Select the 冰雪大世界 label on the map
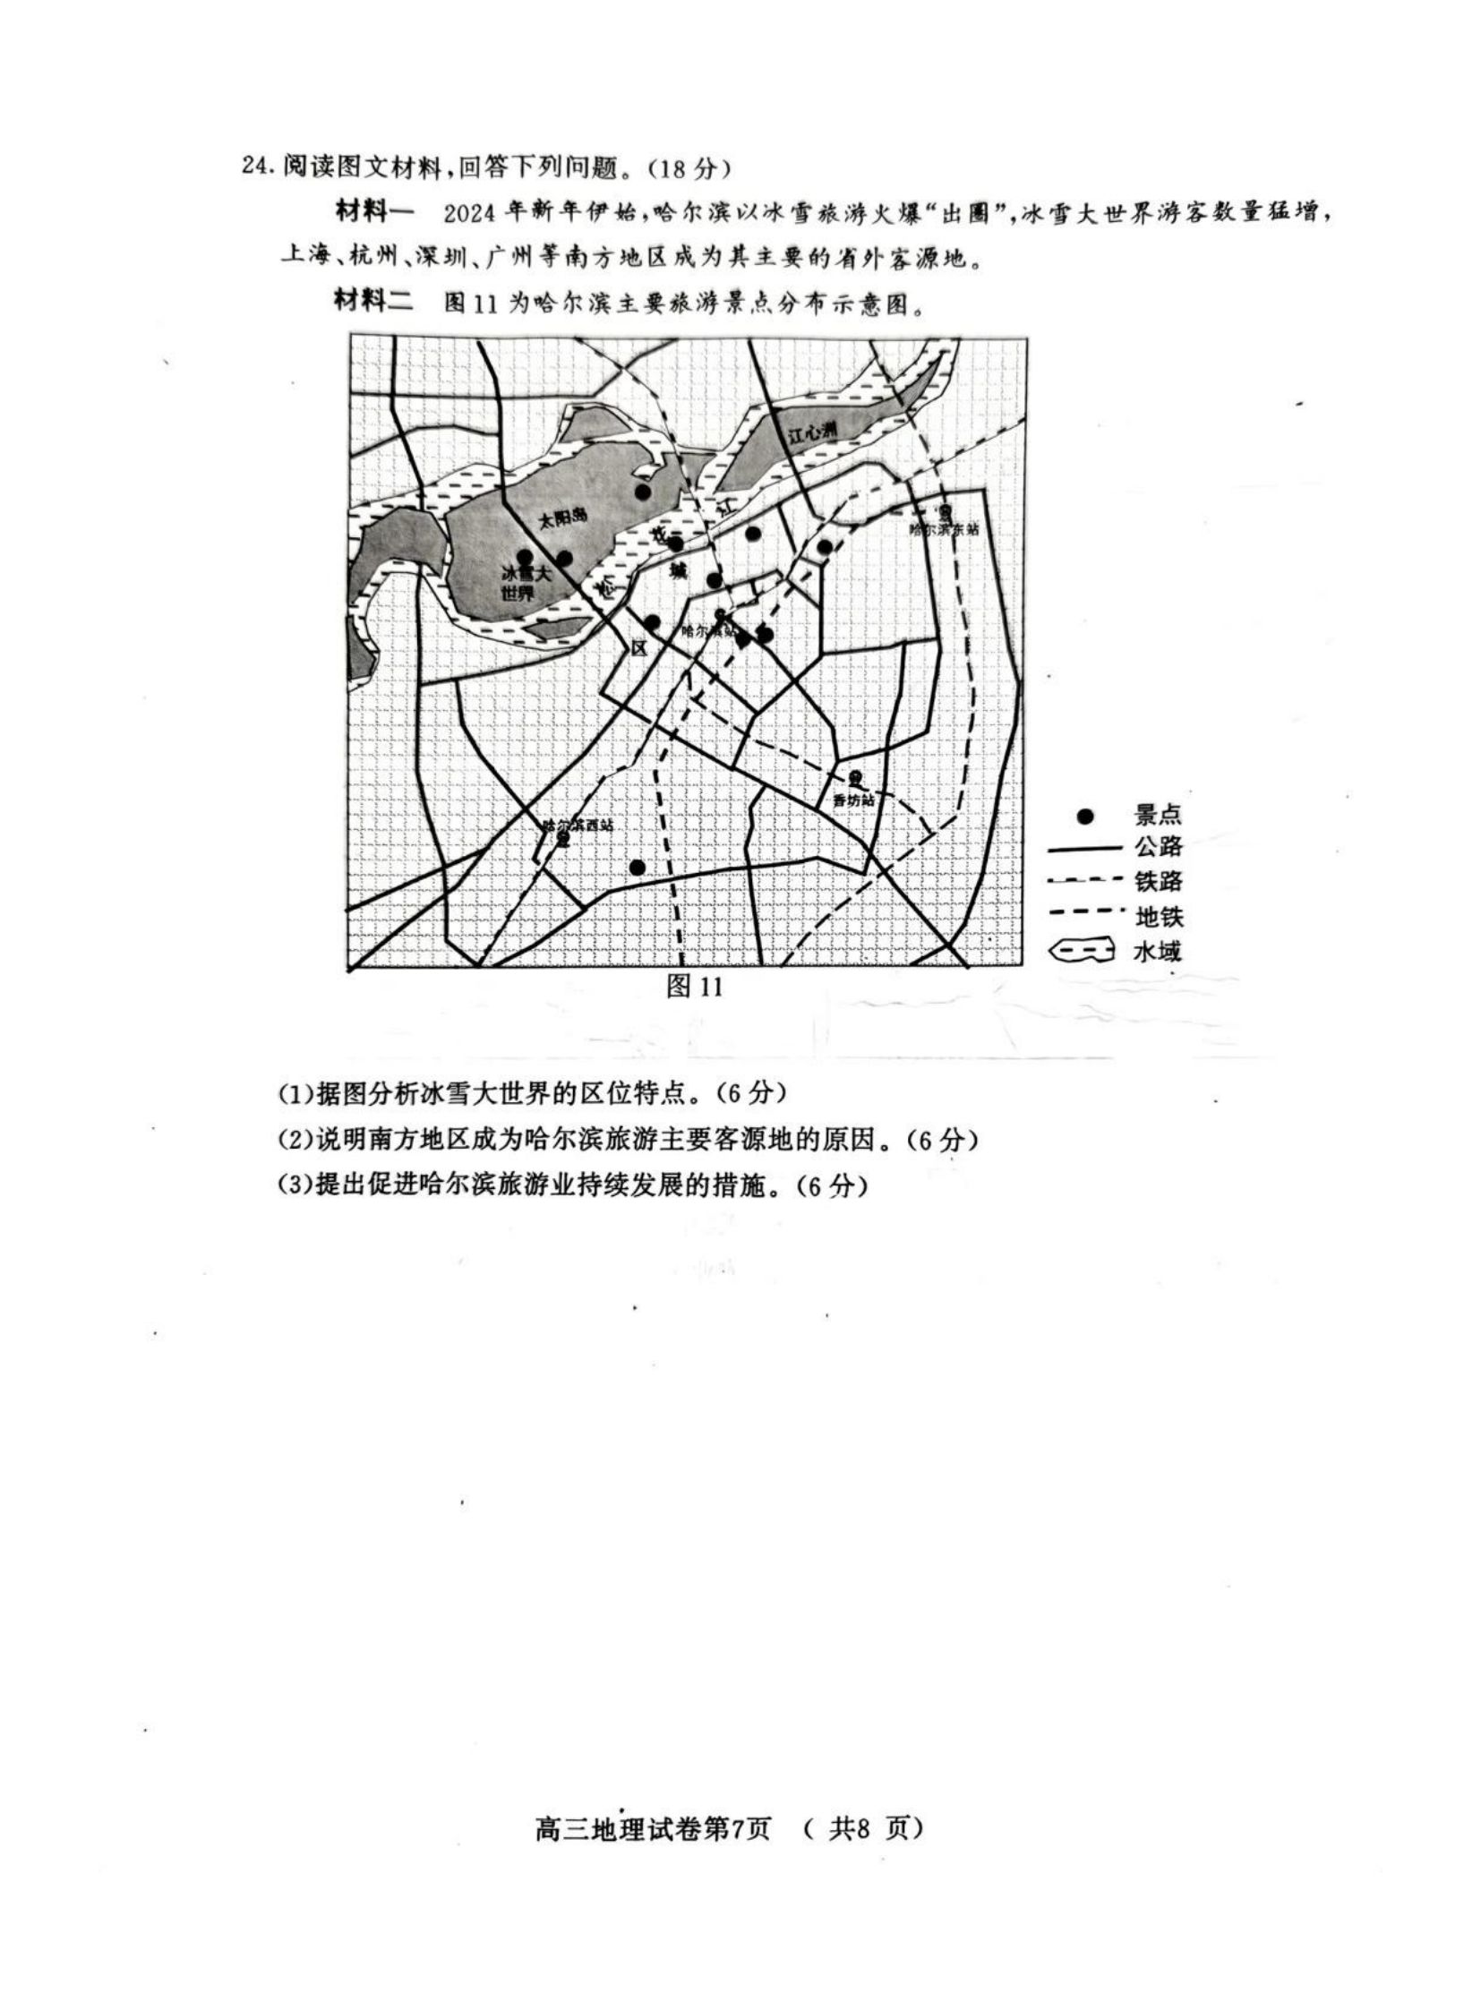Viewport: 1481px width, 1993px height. [x=526, y=583]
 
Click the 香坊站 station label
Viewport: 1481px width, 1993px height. [x=852, y=800]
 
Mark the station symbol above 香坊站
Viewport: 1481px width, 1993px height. [x=855, y=777]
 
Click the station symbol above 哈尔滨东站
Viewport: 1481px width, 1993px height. [x=945, y=512]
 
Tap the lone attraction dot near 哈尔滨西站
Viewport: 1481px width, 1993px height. [x=638, y=867]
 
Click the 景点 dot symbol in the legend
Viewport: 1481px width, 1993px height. [x=1085, y=816]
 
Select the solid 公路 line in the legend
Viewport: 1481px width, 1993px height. [x=1084, y=847]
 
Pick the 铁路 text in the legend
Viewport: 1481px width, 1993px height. [x=1159, y=881]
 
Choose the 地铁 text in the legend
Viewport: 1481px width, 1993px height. [x=1159, y=916]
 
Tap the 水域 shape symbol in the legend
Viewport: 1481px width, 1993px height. [x=1082, y=950]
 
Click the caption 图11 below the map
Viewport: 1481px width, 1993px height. [x=694, y=987]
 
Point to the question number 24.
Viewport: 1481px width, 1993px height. [x=255, y=167]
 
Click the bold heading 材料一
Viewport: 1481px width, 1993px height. [x=375, y=212]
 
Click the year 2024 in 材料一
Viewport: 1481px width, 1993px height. [x=469, y=214]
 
